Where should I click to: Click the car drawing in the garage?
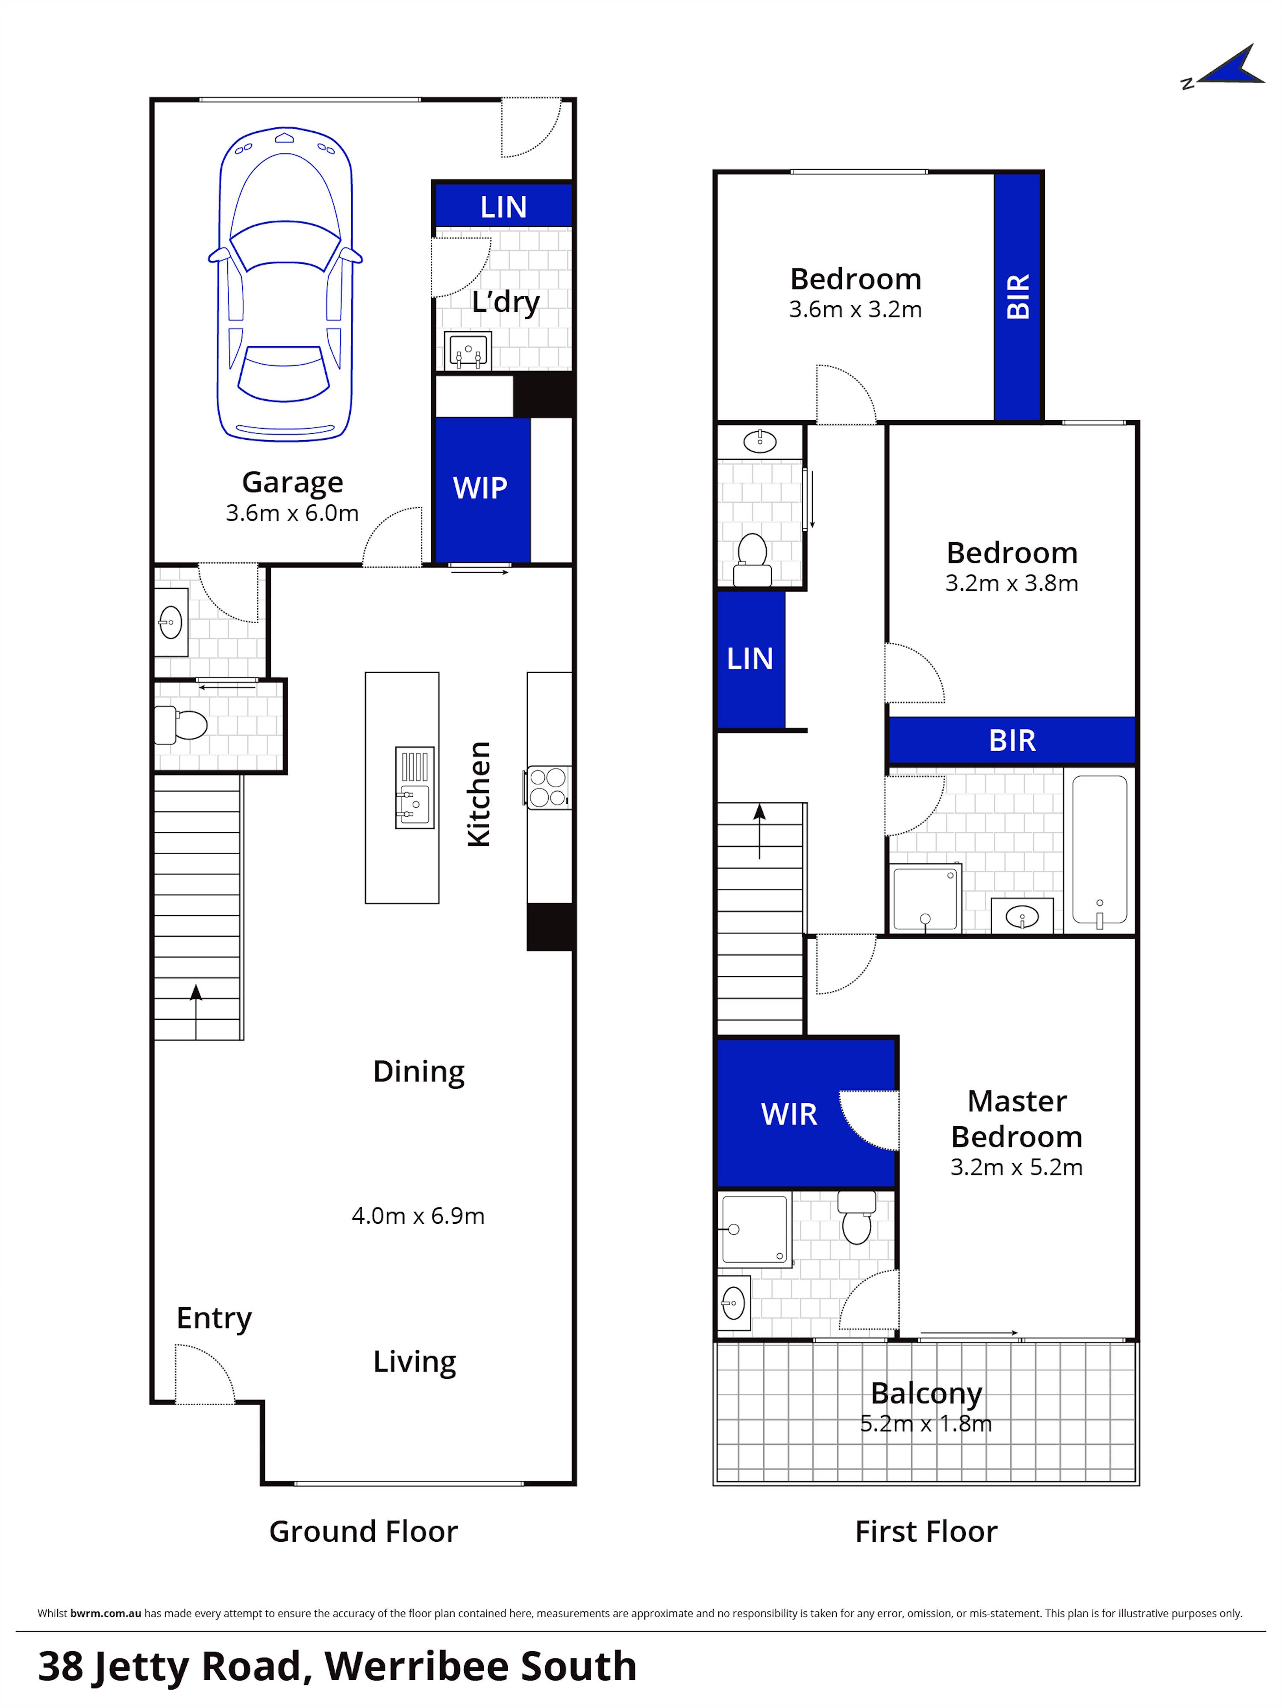[x=285, y=286]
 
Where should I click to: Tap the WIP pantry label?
[x=480, y=488]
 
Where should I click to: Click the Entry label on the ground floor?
[x=214, y=1318]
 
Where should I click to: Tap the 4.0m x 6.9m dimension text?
[x=418, y=1215]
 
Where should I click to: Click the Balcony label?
[x=926, y=1393]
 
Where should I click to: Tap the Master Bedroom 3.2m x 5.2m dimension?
[x=1016, y=1167]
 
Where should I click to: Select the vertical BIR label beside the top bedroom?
[x=1018, y=296]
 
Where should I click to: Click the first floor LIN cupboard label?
[x=750, y=659]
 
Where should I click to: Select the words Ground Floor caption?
[x=363, y=1531]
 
